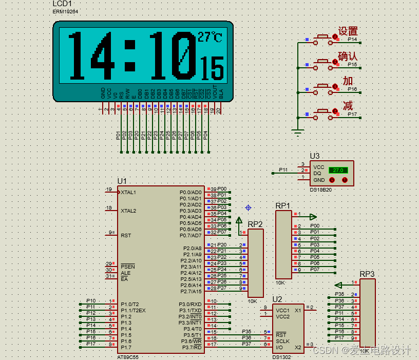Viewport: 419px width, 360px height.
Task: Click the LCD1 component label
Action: click(x=62, y=4)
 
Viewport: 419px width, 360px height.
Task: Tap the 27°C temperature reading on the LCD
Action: click(x=210, y=37)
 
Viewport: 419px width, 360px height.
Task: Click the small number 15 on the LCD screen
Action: click(x=212, y=67)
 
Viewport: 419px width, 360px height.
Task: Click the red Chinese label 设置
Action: click(x=348, y=31)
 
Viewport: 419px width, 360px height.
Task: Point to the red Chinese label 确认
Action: click(x=348, y=56)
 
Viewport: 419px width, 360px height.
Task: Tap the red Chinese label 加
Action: click(x=348, y=81)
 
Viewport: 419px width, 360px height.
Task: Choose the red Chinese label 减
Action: click(x=348, y=106)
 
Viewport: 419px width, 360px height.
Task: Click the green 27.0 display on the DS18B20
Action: click(x=338, y=170)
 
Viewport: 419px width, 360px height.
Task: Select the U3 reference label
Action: click(x=314, y=156)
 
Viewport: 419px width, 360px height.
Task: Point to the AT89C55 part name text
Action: click(x=128, y=356)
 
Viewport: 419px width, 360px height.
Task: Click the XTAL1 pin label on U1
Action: click(x=128, y=192)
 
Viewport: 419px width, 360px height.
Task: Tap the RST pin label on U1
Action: click(x=126, y=235)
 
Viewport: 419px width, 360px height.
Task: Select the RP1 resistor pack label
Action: click(x=282, y=205)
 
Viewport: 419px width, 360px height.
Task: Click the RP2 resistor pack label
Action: click(x=255, y=224)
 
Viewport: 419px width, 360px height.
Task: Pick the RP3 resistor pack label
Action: click(x=367, y=274)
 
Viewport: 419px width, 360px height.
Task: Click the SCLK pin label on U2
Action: click(x=282, y=341)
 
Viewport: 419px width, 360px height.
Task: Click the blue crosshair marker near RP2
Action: click(x=248, y=207)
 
